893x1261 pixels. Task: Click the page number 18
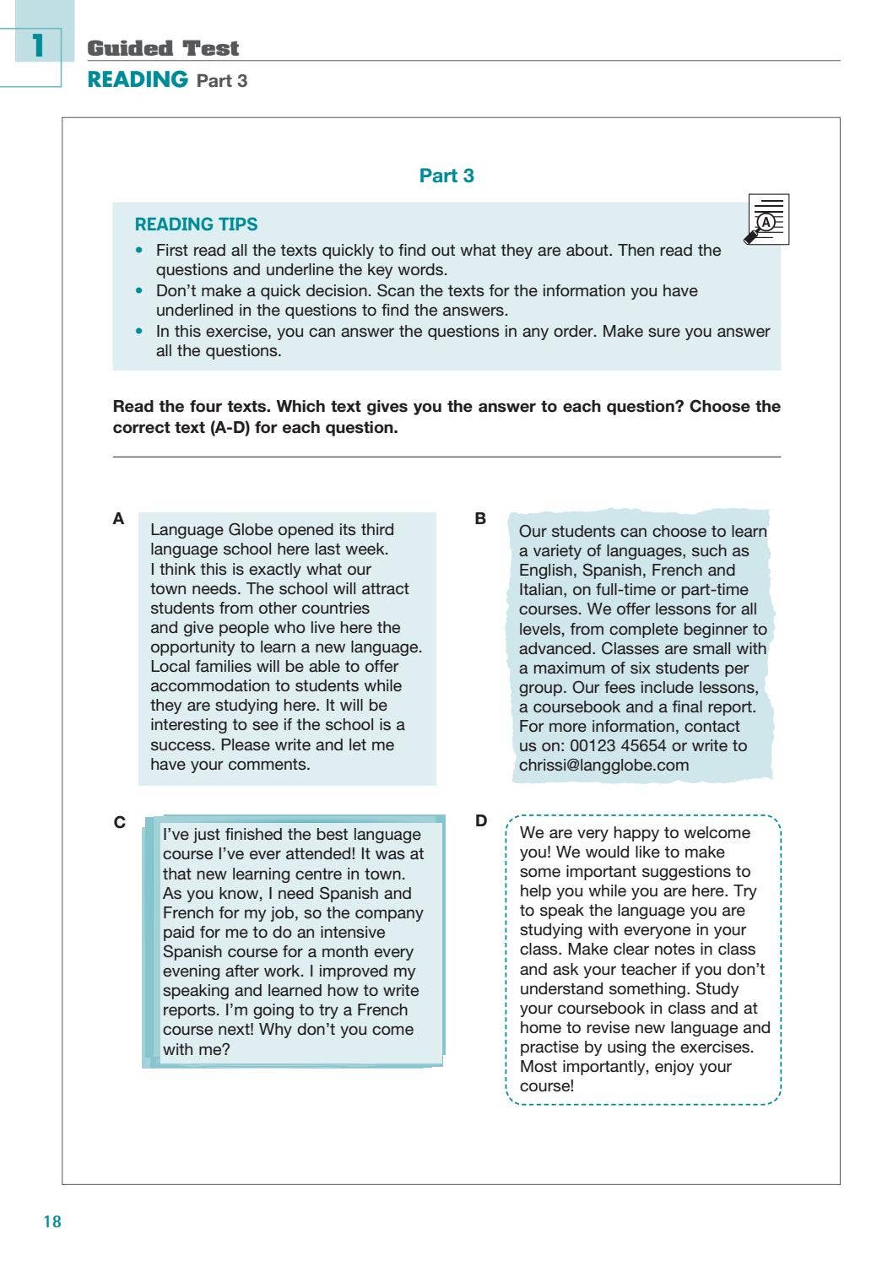point(52,1221)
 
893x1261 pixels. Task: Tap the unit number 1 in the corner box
point(37,45)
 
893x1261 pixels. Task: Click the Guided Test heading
point(163,48)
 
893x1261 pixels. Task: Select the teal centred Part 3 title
point(446,176)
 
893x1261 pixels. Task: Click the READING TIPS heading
point(196,225)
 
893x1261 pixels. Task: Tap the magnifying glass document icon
point(766,220)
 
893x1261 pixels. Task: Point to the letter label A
point(118,518)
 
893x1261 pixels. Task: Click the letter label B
point(480,518)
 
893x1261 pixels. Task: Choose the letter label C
point(119,822)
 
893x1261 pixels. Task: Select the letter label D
point(481,820)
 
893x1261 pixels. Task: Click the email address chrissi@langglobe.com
point(603,765)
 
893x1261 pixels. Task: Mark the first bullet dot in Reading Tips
point(140,251)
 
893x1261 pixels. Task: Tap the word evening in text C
point(192,971)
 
